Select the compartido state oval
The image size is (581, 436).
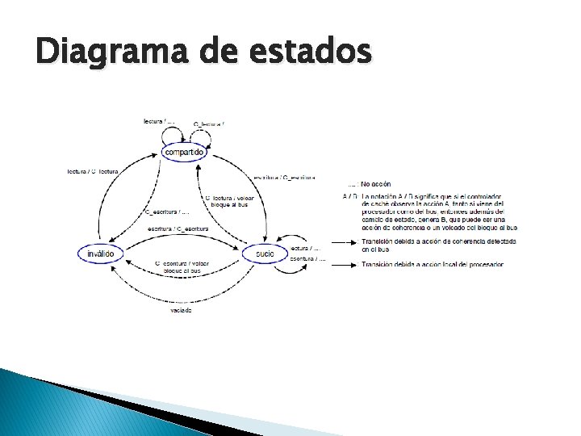[x=185, y=152]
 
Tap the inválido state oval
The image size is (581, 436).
[x=101, y=254]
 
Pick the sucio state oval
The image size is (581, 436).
[x=265, y=254]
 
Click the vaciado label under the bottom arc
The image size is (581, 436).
[x=182, y=310]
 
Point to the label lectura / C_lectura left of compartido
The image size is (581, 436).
[x=94, y=171]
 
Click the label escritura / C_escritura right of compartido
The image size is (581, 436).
[x=284, y=177]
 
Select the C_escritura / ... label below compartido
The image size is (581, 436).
[x=167, y=212]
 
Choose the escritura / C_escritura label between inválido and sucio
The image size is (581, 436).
[x=178, y=228]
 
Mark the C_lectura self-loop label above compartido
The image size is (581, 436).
[x=209, y=124]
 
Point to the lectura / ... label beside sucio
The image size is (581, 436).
[x=308, y=248]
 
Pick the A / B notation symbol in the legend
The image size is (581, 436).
[x=349, y=196]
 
